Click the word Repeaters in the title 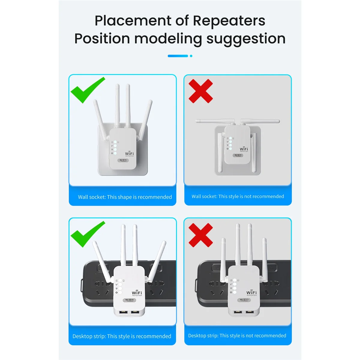coord(229,21)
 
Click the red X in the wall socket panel coord(201,91)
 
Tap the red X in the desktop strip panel coord(201,235)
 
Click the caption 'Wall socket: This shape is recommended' coord(125,197)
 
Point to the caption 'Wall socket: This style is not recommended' coord(238,196)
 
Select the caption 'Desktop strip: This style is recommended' coord(122,336)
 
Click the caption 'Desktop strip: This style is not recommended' coord(237,336)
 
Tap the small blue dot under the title coord(191,56)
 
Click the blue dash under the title coord(178,56)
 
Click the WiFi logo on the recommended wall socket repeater coord(129,154)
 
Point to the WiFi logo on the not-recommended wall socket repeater coord(244,149)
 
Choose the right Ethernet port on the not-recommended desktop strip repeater coord(249,312)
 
